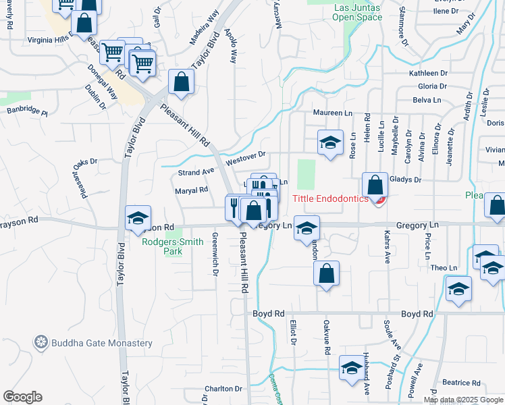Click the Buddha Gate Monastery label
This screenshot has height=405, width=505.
(x=103, y=343)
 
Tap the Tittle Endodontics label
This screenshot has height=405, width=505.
(x=331, y=198)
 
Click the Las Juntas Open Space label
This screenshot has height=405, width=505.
(x=358, y=12)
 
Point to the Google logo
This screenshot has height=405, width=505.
(x=22, y=397)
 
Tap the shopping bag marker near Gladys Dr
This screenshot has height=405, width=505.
(x=375, y=185)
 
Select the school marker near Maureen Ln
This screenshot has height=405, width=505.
(x=330, y=143)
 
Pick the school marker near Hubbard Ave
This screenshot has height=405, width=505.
(x=352, y=368)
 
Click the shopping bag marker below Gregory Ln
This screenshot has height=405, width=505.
(x=326, y=274)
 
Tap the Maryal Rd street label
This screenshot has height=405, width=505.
(x=191, y=190)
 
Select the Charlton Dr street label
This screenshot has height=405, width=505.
(x=223, y=389)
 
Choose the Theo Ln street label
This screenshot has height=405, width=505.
(x=444, y=268)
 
